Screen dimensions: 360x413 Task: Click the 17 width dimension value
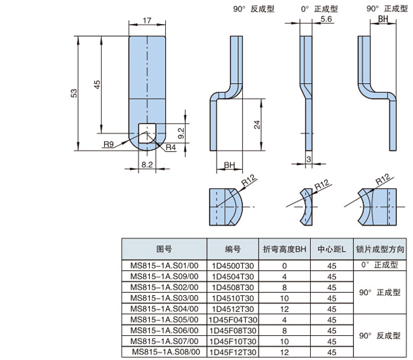point(147,21)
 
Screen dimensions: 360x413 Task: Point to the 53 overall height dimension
point(74,93)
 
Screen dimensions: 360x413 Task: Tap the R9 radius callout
point(109,145)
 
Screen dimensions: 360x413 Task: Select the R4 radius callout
point(170,148)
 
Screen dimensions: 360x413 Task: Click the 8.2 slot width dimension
point(147,164)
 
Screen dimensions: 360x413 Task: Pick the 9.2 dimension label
point(180,133)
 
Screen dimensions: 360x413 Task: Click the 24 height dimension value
point(257,125)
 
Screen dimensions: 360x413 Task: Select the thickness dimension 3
point(308,158)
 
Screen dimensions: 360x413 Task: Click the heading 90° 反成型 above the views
point(254,10)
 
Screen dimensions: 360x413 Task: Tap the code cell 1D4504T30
point(233,276)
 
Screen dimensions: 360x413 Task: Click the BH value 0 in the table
point(284,265)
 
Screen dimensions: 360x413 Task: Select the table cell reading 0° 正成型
point(379,265)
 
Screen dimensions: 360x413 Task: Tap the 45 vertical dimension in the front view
point(97,85)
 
